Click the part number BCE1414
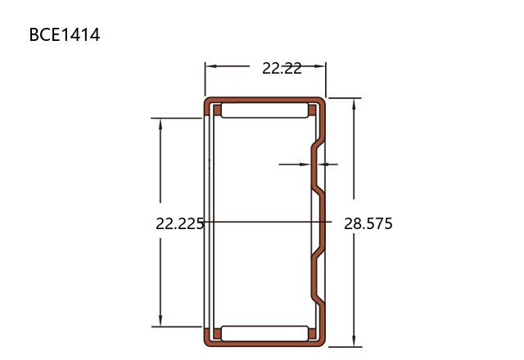coord(65,34)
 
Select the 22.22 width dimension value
coord(282,69)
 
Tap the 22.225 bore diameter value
coord(179,223)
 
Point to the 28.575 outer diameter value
coord(368,223)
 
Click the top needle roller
coord(264,110)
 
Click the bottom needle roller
coord(264,333)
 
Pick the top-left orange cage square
coord(217,110)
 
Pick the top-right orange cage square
coord(312,110)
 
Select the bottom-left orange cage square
coord(217,334)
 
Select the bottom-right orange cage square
coord(312,334)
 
